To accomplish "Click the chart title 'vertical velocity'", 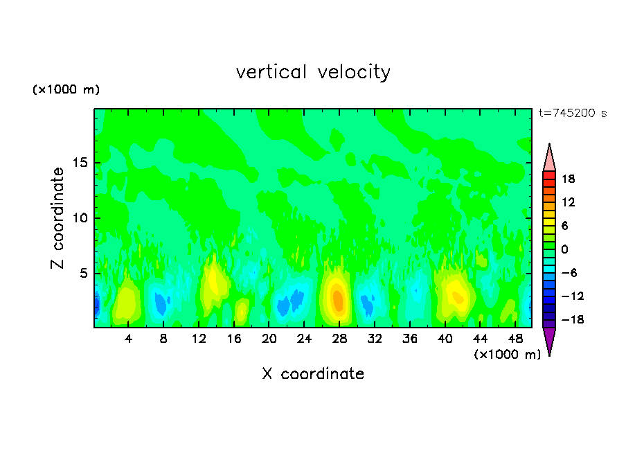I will point(313,72).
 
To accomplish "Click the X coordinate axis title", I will point(313,374).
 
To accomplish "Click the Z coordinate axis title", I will point(58,218).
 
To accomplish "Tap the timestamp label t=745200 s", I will point(573,114).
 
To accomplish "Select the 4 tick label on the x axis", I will point(129,339).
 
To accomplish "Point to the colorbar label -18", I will point(567,320).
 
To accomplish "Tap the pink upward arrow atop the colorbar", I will point(549,157).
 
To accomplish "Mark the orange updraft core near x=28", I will point(337,299).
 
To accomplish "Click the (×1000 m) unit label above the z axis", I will point(66,90).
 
